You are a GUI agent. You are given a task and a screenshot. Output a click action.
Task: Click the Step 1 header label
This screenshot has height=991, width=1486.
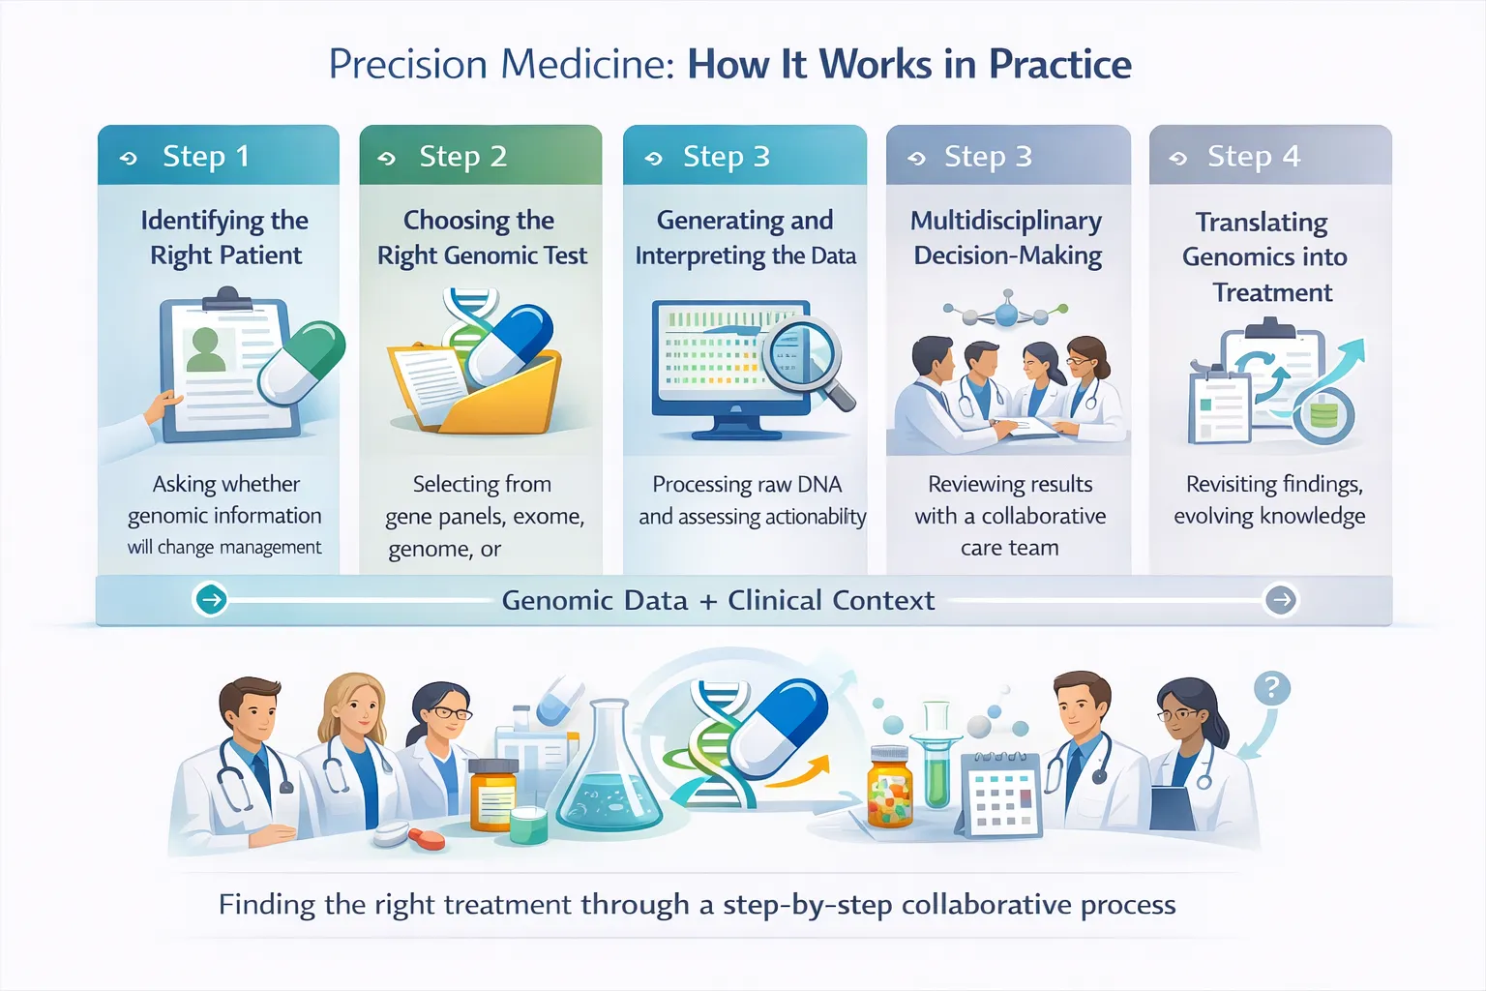coord(206,156)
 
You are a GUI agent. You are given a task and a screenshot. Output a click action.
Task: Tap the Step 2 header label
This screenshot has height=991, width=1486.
coord(462,156)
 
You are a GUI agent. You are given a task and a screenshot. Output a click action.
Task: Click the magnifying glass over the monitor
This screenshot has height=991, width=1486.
coord(804,354)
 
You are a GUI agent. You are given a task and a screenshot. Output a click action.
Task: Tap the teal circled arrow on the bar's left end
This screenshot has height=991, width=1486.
coord(211,600)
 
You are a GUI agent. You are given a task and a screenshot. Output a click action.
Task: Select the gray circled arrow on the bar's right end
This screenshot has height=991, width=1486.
coord(1281,600)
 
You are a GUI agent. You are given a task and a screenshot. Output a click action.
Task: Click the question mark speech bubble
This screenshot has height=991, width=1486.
coord(1271,689)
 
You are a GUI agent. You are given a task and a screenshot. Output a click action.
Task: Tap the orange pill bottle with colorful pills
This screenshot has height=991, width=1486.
coord(889,788)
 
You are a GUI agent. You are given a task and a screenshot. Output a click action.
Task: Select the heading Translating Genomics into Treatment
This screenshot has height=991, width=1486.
coord(1265,257)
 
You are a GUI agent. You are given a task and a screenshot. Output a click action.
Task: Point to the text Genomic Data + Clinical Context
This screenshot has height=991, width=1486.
coord(718,600)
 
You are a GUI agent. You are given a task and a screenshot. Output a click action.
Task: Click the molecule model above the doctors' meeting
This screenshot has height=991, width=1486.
coord(1006,312)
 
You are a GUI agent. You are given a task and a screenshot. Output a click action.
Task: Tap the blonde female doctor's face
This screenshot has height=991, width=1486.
coord(356,709)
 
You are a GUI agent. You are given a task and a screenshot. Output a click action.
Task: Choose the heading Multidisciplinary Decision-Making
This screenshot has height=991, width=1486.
coord(1007,238)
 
